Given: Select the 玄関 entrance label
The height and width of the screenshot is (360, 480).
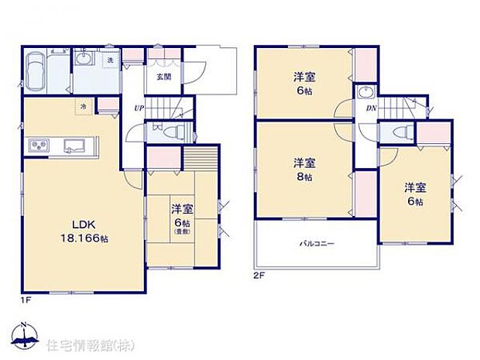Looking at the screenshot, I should pos(163,77).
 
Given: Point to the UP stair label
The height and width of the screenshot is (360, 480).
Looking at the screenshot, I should pos(137,108).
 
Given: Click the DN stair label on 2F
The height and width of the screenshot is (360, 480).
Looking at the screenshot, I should pos(371,108).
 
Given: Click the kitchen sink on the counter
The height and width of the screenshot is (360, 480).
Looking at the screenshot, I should pos(76,145).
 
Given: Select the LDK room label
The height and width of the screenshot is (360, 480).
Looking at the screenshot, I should pos(84,225).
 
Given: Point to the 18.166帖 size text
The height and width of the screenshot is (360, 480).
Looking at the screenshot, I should pos(85,239).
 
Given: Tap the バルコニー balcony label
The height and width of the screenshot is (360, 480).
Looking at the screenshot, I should pos(317,245).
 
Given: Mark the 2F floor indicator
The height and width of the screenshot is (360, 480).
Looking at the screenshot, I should pos(259,276).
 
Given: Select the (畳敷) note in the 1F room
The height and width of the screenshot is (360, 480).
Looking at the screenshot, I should pos(182,231).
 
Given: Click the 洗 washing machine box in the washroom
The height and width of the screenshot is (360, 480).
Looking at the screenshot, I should pos(111,60).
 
